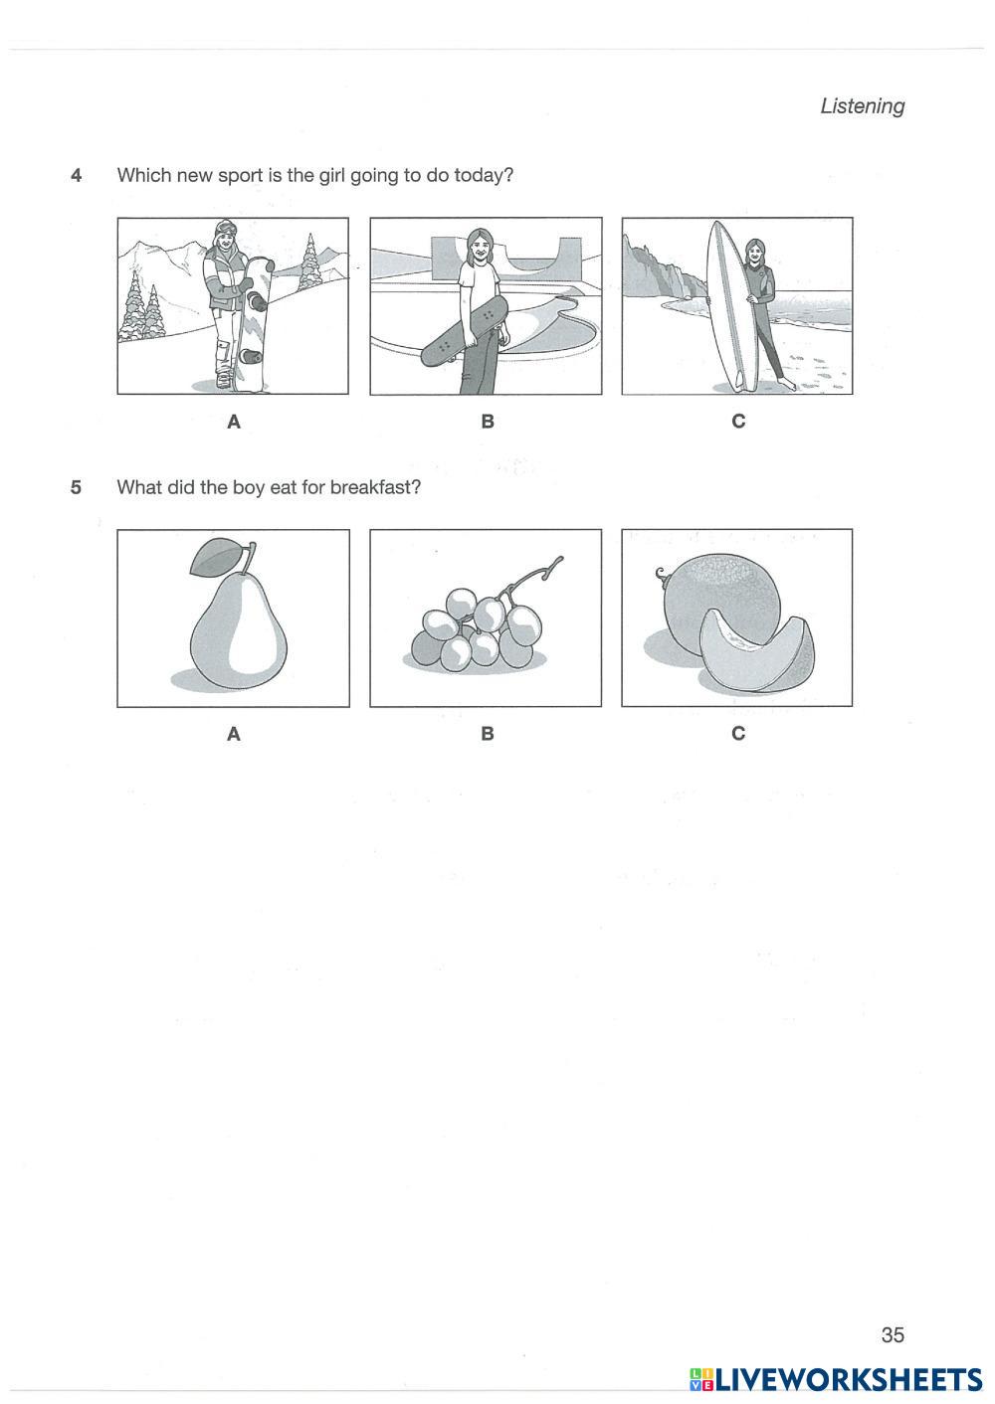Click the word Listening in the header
point(862,106)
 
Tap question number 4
point(76,175)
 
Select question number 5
point(76,487)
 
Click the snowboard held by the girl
point(254,325)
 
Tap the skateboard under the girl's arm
point(465,331)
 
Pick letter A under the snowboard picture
point(234,422)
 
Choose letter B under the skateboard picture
point(488,422)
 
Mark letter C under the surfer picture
point(738,422)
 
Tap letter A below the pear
point(234,734)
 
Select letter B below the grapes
point(488,734)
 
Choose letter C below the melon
point(738,733)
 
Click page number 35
point(893,1335)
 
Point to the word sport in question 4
point(240,176)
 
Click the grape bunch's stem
point(530,580)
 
